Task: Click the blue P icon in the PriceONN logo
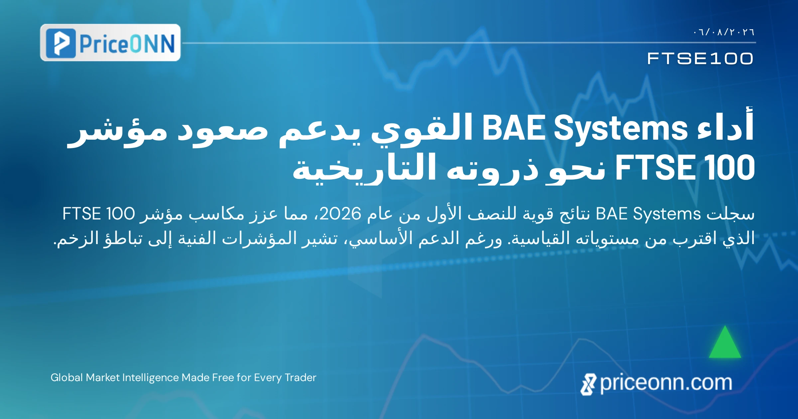61,43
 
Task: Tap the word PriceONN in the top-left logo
127,44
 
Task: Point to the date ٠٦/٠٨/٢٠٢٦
724,32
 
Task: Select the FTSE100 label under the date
700,59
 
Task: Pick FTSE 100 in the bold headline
685,167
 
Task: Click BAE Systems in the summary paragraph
648,214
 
